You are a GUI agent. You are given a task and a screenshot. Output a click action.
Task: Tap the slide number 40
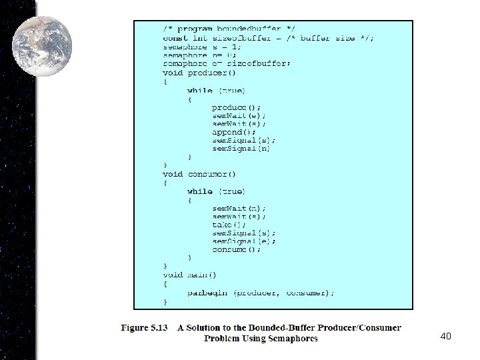click(446, 337)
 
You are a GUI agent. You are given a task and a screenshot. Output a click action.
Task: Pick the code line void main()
click(190, 275)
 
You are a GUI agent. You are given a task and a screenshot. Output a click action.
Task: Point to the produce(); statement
click(237, 107)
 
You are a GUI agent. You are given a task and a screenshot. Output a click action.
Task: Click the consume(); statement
click(237, 249)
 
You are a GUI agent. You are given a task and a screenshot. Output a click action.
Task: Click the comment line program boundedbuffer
click(229, 29)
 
